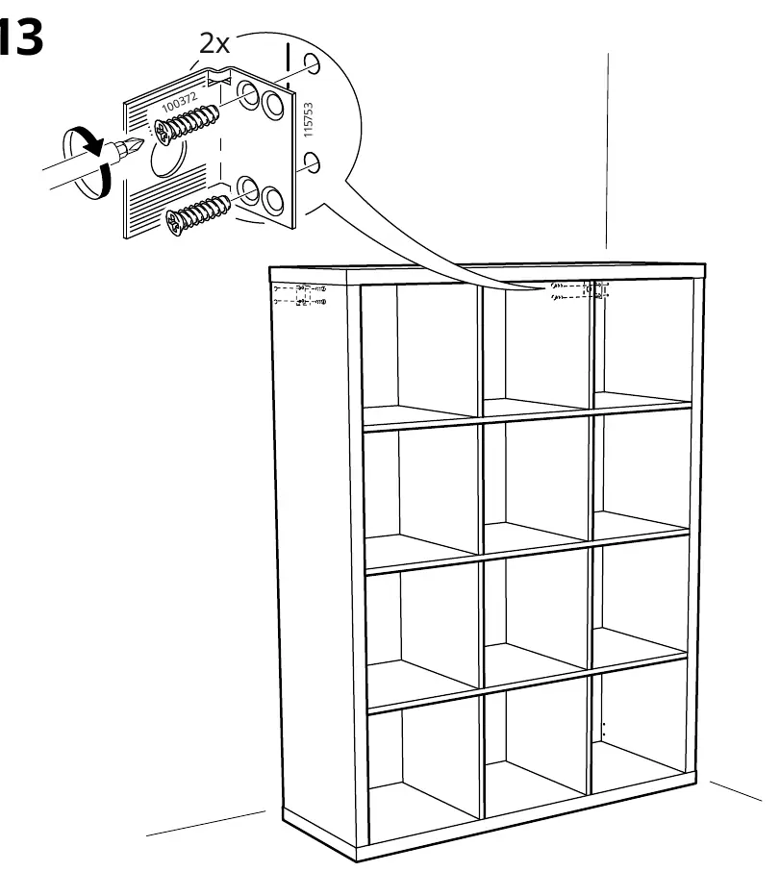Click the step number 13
pyautogui.click(x=21, y=37)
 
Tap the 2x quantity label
pyautogui.click(x=214, y=43)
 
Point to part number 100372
pyautogui.click(x=179, y=102)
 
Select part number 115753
pyautogui.click(x=309, y=119)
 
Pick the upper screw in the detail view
pyautogui.click(x=187, y=126)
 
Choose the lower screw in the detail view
pyautogui.click(x=198, y=213)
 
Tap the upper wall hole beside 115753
pyautogui.click(x=312, y=63)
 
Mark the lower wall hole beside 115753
pyautogui.click(x=313, y=162)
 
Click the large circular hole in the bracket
pyautogui.click(x=167, y=160)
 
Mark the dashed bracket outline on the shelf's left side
pyautogui.click(x=300, y=295)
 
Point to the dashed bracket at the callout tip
pyautogui.click(x=581, y=290)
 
